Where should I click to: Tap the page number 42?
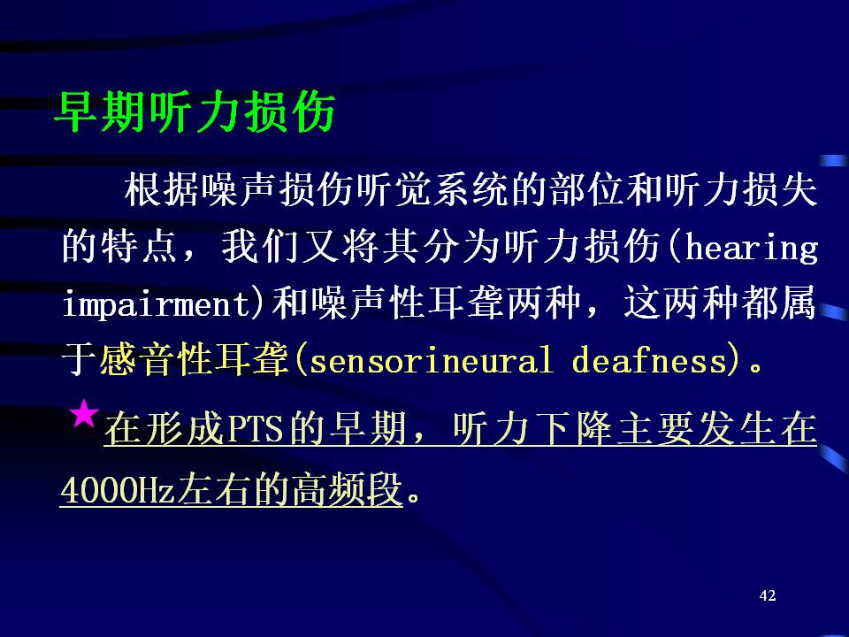click(x=768, y=595)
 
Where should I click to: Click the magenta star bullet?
click(x=84, y=414)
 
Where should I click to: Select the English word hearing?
click(x=752, y=249)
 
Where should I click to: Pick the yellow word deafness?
click(x=649, y=360)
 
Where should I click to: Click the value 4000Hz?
click(x=117, y=489)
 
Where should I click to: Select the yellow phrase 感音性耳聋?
click(x=193, y=360)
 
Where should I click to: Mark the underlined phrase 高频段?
click(x=347, y=489)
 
